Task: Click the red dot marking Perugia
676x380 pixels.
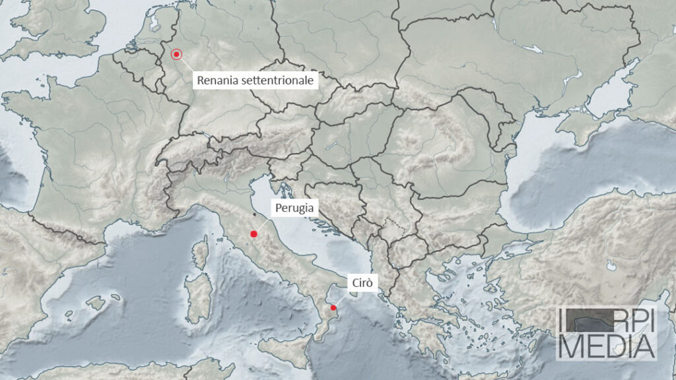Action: coord(253,234)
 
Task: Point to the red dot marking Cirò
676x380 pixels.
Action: coord(333,307)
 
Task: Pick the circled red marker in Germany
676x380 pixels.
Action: coord(176,55)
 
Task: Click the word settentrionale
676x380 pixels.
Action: coord(279,80)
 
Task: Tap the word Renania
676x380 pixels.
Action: coord(216,80)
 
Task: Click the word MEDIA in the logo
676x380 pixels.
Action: coord(607,346)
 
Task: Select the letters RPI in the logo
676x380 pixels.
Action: coord(630,321)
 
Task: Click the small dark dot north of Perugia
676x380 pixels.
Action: coord(254,214)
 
